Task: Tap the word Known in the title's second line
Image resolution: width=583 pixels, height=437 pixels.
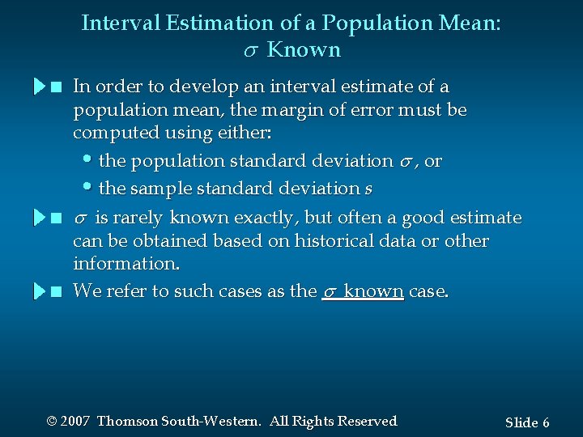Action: pyautogui.click(x=304, y=50)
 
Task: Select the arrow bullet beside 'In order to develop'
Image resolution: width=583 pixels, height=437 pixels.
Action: pyautogui.click(x=41, y=87)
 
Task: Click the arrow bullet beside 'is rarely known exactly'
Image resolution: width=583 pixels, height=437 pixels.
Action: pyautogui.click(x=41, y=218)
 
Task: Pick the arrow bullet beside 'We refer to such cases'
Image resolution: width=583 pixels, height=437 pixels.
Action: pyautogui.click(x=41, y=291)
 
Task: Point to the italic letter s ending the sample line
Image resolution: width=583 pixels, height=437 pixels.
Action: pyautogui.click(x=368, y=189)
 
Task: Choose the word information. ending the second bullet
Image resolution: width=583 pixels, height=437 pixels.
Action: pyautogui.click(x=126, y=264)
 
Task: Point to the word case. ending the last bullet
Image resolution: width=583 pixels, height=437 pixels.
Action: pyautogui.click(x=428, y=291)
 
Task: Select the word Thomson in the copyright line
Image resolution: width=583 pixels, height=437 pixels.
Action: pyautogui.click(x=127, y=421)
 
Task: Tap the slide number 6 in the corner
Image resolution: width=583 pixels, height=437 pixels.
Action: pyautogui.click(x=546, y=422)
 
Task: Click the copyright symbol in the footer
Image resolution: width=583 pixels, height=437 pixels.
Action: pyautogui.click(x=52, y=421)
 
